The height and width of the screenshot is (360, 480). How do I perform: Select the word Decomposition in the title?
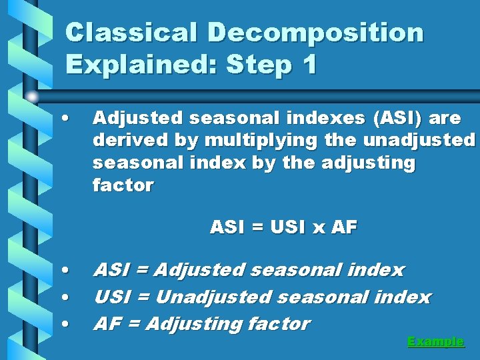pyautogui.click(x=315, y=32)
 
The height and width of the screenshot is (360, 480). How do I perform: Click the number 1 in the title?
pyautogui.click(x=307, y=65)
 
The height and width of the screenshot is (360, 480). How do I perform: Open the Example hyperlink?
pyautogui.click(x=435, y=341)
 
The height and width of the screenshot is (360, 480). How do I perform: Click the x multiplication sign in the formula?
pyautogui.click(x=318, y=228)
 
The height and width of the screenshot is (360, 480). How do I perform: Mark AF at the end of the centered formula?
pyautogui.click(x=344, y=227)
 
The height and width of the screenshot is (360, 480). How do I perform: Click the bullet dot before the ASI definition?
pyautogui.click(x=65, y=271)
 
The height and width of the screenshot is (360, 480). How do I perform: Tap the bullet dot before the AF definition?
pyautogui.click(x=65, y=324)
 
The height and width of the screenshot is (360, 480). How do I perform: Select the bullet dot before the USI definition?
pyautogui.click(x=65, y=297)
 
